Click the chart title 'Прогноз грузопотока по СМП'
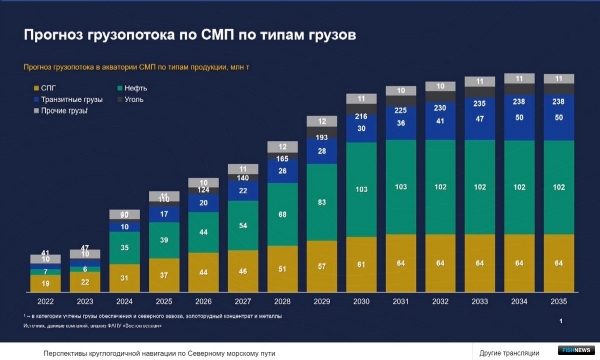click(190, 36)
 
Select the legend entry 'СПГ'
click(49, 88)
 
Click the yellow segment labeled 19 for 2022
click(46, 283)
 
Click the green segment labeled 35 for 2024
click(123, 247)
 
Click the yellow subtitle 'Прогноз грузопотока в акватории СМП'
click(140, 68)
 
